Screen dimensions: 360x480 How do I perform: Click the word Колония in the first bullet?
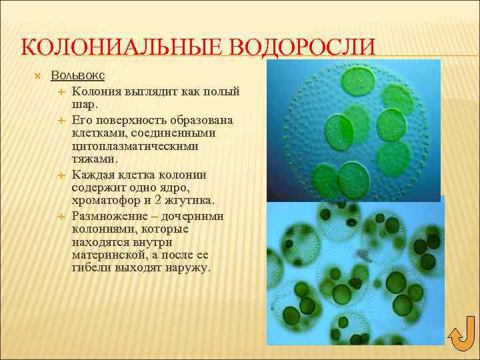click(95, 91)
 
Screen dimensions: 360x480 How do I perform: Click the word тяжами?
click(95, 159)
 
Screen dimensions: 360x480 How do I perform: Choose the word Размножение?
click(110, 216)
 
